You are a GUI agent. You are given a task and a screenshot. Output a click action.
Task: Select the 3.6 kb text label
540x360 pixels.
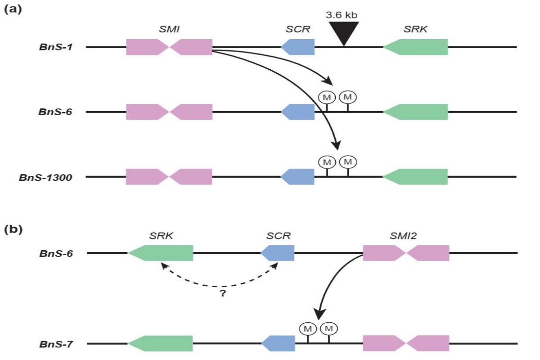[342, 15]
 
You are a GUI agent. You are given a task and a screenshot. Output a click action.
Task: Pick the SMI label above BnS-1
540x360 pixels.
[169, 29]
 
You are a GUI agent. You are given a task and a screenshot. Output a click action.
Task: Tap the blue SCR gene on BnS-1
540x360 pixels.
[298, 47]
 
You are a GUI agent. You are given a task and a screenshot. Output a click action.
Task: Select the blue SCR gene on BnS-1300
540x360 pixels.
[298, 177]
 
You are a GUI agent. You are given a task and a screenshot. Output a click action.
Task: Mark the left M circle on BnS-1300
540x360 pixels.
[327, 162]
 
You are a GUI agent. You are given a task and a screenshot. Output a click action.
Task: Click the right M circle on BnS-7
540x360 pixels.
[328, 329]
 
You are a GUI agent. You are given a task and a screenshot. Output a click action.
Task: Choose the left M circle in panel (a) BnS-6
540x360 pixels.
[327, 97]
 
